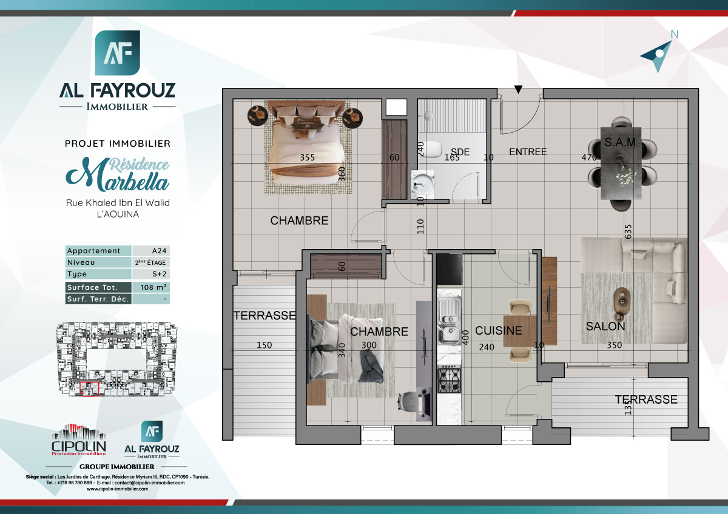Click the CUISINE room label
(x=498, y=330)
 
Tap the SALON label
(x=605, y=326)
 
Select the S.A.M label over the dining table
(x=620, y=143)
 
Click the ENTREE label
(x=528, y=152)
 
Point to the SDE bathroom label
(x=460, y=152)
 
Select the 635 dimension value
(x=629, y=232)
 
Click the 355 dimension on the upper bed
(x=308, y=158)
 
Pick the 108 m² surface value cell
(x=150, y=287)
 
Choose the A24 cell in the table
(x=150, y=251)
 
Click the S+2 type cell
(x=150, y=275)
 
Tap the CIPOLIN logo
(x=79, y=441)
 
